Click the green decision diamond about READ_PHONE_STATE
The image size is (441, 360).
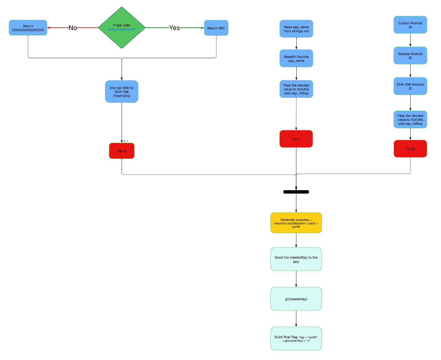[122, 28]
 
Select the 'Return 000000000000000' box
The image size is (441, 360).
[28, 28]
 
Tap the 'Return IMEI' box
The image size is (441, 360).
[216, 28]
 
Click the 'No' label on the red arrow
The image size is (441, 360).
[73, 28]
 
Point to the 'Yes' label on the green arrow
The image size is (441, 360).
[174, 28]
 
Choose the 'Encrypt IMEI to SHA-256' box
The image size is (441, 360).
[122, 92]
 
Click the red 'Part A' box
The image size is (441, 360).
[122, 151]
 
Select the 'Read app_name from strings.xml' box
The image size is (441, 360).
[296, 29]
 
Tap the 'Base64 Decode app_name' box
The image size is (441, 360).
[296, 58]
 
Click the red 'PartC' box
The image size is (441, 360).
[296, 139]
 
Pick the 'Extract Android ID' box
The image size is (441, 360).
[410, 25]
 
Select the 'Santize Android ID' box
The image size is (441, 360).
[410, 56]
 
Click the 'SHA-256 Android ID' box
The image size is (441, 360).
[410, 86]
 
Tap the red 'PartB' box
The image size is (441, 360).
[410, 149]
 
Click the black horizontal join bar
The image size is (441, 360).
[296, 192]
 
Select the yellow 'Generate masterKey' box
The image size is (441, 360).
[296, 223]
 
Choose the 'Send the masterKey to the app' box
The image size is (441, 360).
[296, 259]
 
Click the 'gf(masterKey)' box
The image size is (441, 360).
[296, 299]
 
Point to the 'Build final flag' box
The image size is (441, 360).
[296, 338]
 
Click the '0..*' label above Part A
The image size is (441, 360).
[126, 141]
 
